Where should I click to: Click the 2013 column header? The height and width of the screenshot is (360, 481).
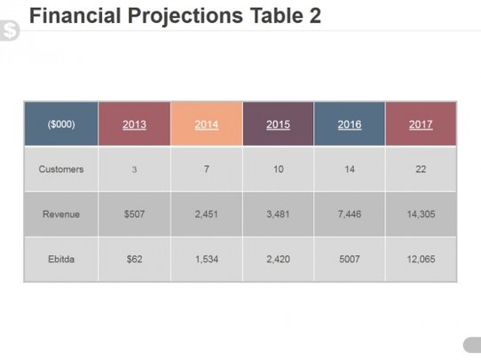(134, 124)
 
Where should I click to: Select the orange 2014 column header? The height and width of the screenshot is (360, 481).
(206, 124)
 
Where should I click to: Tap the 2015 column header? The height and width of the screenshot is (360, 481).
(278, 124)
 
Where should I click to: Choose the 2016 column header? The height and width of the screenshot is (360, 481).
(350, 124)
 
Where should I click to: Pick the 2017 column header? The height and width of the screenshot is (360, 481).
(421, 124)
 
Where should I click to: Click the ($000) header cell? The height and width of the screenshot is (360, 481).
(61, 124)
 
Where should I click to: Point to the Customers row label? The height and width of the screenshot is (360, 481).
(61, 169)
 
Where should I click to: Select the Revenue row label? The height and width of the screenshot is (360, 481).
(61, 215)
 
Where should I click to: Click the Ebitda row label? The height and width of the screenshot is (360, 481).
(61, 260)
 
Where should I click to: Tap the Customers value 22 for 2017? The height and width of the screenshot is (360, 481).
(421, 169)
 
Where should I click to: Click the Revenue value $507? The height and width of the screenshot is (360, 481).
(134, 215)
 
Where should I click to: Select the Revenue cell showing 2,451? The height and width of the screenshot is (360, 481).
(206, 215)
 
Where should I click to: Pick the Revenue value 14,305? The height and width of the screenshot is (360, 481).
(421, 215)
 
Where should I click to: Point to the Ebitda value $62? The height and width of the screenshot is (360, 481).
(134, 260)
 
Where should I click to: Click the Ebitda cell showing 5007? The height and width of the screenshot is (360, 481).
(350, 260)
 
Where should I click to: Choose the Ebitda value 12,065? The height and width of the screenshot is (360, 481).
(421, 260)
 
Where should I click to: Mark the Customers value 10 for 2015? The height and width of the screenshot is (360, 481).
(278, 169)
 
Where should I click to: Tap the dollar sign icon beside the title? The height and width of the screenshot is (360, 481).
(10, 31)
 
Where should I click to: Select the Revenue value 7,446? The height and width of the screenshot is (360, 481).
(350, 215)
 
